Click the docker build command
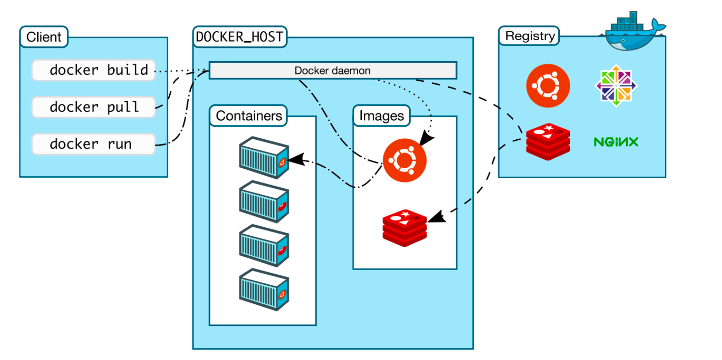(x=94, y=70)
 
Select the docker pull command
(x=94, y=107)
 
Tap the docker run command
(x=94, y=144)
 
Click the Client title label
(x=44, y=37)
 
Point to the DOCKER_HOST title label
(x=239, y=37)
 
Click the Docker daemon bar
(x=333, y=70)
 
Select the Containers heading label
(x=248, y=115)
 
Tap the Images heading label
(x=382, y=115)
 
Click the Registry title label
(x=529, y=36)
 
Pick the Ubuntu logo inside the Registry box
(x=548, y=86)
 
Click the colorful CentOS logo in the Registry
(x=616, y=86)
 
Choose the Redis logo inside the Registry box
(x=548, y=142)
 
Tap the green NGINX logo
(x=616, y=142)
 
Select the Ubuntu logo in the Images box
(x=404, y=160)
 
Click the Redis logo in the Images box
(x=404, y=228)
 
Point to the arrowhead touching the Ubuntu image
(x=426, y=138)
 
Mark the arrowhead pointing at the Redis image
(x=437, y=217)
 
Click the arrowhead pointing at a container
(x=296, y=159)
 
